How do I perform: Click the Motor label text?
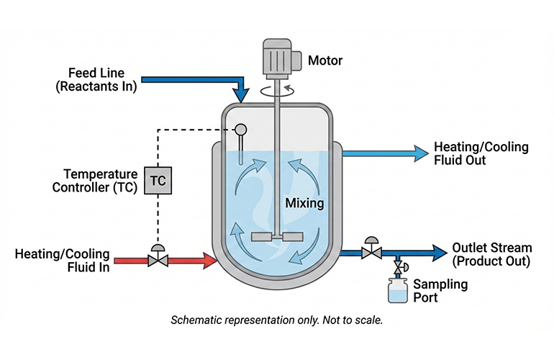[x=325, y=60]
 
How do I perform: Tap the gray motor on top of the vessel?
[x=278, y=55]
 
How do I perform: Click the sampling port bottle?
[x=397, y=292]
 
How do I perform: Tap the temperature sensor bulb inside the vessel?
[x=240, y=130]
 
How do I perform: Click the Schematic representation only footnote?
[x=276, y=320]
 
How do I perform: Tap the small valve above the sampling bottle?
[x=397, y=268]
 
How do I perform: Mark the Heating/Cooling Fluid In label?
[x=63, y=260]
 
